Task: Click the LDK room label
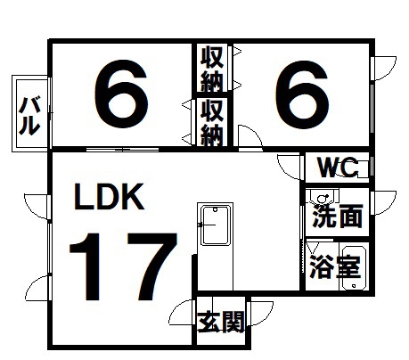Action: click(109, 197)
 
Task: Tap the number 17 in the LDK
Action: click(123, 266)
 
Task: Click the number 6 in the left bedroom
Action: click(121, 94)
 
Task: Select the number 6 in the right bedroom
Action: click(302, 94)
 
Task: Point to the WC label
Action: click(338, 168)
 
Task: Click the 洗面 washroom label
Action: click(338, 217)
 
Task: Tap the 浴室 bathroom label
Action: click(335, 266)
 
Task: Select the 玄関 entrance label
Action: click(221, 322)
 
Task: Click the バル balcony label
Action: click(29, 116)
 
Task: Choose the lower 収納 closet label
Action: click(212, 123)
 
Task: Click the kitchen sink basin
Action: click(216, 225)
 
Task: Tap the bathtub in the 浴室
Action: click(354, 266)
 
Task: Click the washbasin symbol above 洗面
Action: click(323, 197)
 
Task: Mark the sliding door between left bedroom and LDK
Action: click(123, 149)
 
